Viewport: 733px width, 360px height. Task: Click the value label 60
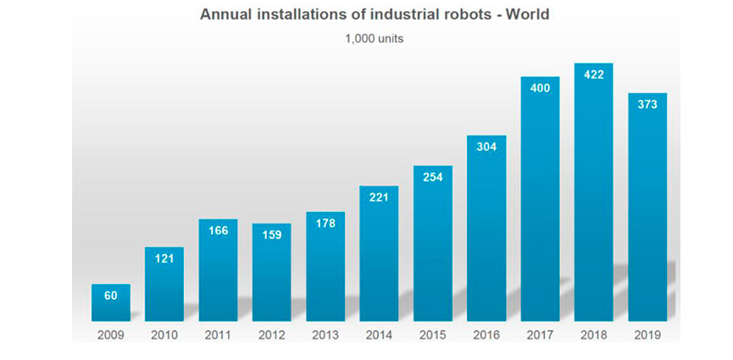pyautogui.click(x=111, y=296)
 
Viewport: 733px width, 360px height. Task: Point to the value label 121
pyautogui.click(x=164, y=258)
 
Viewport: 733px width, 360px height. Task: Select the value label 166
pyautogui.click(x=218, y=230)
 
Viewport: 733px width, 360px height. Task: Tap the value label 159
pyautogui.click(x=271, y=235)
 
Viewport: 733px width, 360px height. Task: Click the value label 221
pyautogui.click(x=379, y=197)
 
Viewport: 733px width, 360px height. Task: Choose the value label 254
pyautogui.click(x=432, y=177)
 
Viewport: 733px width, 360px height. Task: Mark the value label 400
pyautogui.click(x=540, y=88)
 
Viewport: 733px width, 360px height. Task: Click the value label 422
pyautogui.click(x=593, y=75)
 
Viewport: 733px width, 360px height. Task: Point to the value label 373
pyautogui.click(x=647, y=104)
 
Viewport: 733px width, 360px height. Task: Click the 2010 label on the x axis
pyautogui.click(x=164, y=335)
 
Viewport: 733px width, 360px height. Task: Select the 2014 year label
pyautogui.click(x=379, y=335)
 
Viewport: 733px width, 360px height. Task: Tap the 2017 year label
pyautogui.click(x=540, y=335)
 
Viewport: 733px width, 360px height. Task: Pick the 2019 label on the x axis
pyautogui.click(x=647, y=335)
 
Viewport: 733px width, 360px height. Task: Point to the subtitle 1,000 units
pyautogui.click(x=367, y=39)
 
